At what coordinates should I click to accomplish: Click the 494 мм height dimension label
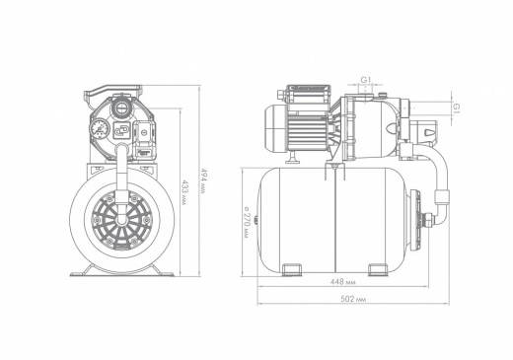pyautogui.click(x=203, y=180)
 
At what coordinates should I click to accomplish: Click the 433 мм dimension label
pyautogui.click(x=183, y=192)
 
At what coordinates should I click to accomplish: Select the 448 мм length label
pyautogui.click(x=342, y=282)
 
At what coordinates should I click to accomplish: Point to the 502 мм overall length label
pyautogui.click(x=353, y=299)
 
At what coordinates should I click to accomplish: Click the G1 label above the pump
pyautogui.click(x=366, y=80)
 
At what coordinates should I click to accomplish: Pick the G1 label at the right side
pyautogui.click(x=456, y=108)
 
